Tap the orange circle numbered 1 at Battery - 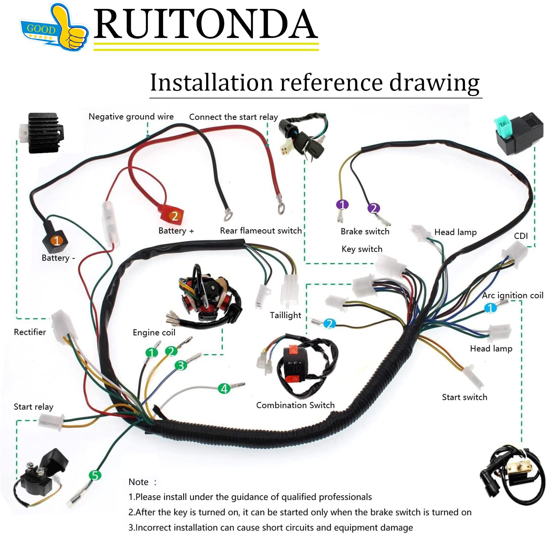click(x=57, y=240)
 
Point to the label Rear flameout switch click(x=261, y=231)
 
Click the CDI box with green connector click(x=515, y=133)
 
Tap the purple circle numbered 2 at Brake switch click(x=373, y=208)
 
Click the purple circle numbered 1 click(x=342, y=204)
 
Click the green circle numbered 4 click(x=224, y=388)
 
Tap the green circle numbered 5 click(x=95, y=475)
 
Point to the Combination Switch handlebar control click(x=301, y=366)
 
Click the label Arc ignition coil click(x=512, y=295)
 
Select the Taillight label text click(x=285, y=315)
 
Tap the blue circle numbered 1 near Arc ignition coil click(x=490, y=308)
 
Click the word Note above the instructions click(x=138, y=482)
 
